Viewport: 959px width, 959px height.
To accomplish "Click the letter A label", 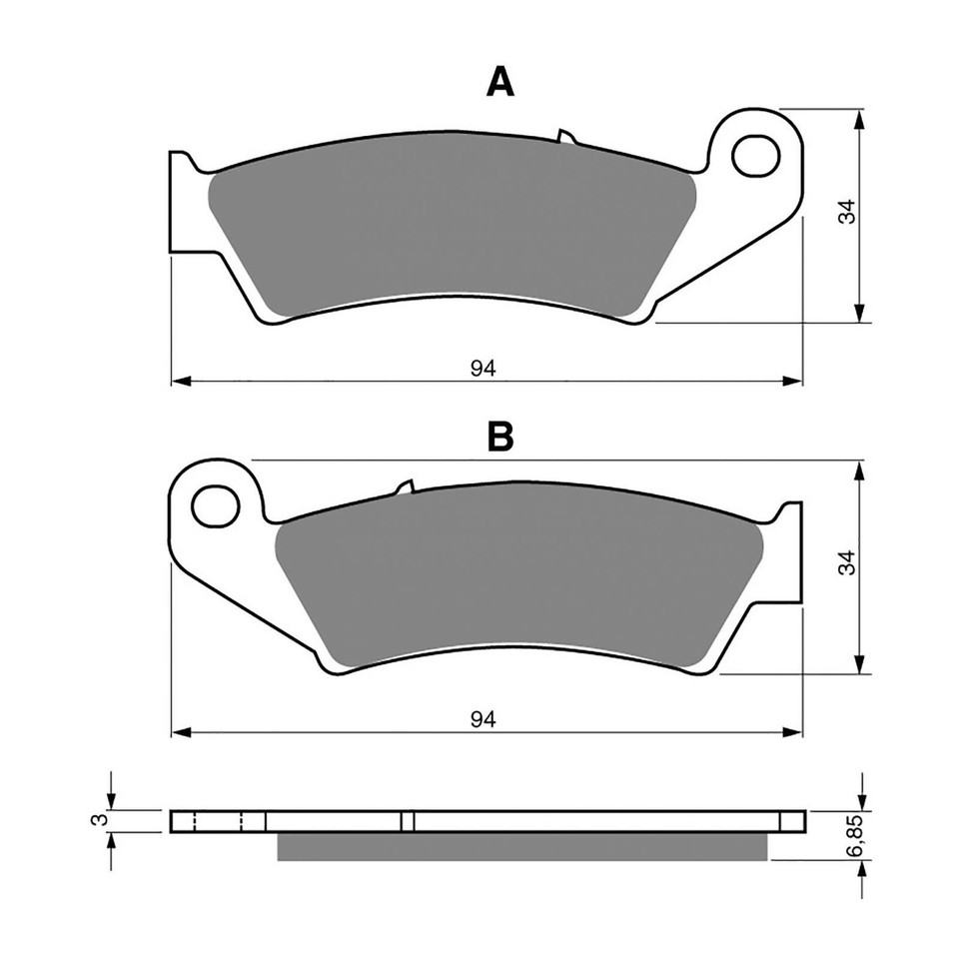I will pos(499,83).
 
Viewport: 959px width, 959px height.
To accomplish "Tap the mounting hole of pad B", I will pos(217,505).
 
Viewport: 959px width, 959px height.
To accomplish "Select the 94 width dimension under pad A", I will pos(483,367).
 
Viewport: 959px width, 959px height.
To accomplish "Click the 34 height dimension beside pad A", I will pos(846,212).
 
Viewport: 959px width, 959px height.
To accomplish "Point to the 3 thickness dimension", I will pos(96,820).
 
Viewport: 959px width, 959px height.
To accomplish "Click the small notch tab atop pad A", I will pos(564,136).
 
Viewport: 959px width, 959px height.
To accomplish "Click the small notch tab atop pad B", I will pos(405,487).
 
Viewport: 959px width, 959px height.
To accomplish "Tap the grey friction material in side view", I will pos(521,846).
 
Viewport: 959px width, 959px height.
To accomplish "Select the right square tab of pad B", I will pos(788,554).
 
